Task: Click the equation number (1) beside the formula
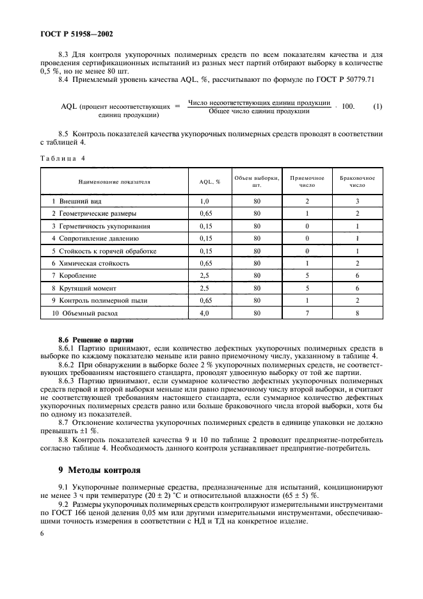(x=378, y=106)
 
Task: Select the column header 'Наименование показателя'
(x=114, y=182)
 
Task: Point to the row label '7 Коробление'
(x=75, y=276)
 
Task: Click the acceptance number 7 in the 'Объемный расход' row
(x=307, y=314)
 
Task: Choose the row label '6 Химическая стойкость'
(x=90, y=263)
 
